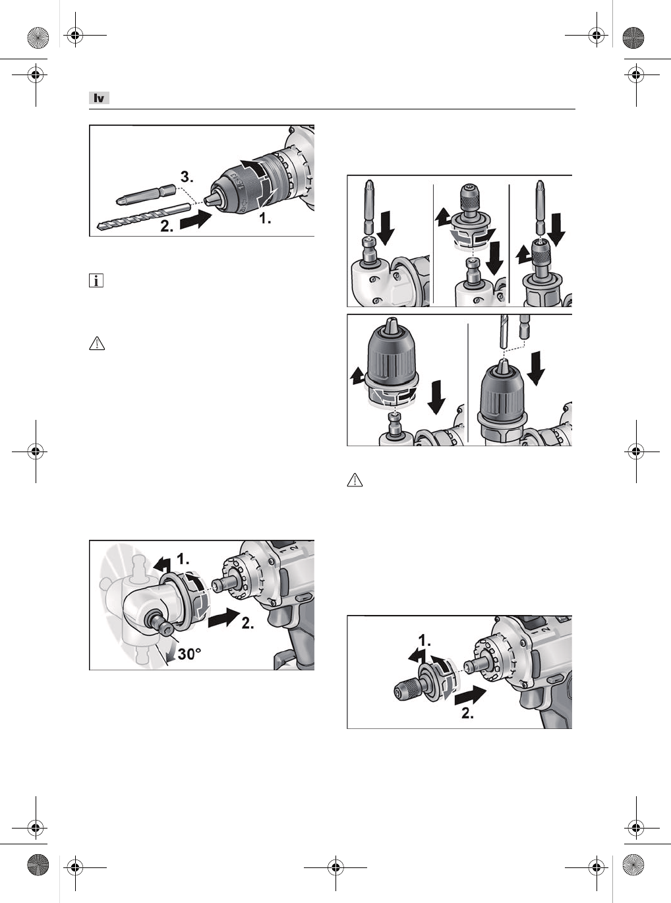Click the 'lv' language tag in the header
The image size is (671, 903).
point(99,98)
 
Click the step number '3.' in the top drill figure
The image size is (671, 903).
point(187,177)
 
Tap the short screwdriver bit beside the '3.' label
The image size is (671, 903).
point(146,194)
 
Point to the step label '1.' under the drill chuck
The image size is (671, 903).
point(265,218)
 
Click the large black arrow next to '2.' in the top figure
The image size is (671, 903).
point(196,220)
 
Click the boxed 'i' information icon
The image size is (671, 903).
point(96,281)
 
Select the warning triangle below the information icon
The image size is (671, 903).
point(97,343)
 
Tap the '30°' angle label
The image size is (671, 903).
point(189,654)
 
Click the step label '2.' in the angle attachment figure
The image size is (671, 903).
point(248,623)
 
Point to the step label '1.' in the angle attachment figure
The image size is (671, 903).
point(183,560)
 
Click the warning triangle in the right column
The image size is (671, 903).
point(355,480)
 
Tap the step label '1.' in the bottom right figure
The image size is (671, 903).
point(424,641)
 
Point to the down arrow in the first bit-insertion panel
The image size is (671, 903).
point(385,228)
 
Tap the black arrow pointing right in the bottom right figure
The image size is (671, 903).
point(471,695)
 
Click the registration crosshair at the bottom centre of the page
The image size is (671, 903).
point(335,867)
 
